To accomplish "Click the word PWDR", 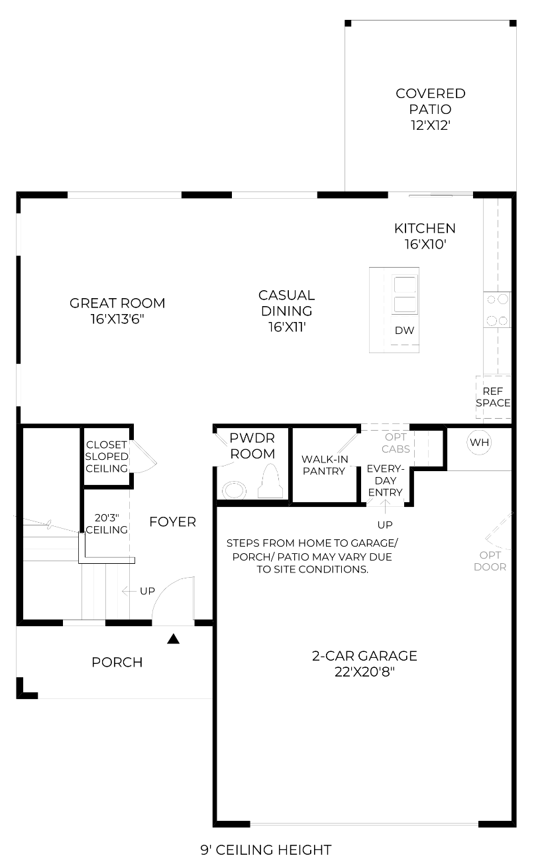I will [252, 438].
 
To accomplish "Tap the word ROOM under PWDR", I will [252, 454].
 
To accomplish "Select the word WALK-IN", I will [325, 459].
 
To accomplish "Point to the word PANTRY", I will [324, 471].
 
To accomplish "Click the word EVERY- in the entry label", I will [386, 469].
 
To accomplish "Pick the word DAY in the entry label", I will [386, 480].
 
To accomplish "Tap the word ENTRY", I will [386, 492].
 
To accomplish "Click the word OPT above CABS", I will [396, 437].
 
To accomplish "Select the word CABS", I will [396, 449].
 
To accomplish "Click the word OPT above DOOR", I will [490, 555].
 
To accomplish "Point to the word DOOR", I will [490, 567].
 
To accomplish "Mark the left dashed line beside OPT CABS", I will [415, 448].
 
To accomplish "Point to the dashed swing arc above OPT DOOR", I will [496, 546].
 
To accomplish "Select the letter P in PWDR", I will [234, 438].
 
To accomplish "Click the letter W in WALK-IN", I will [307, 459].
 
